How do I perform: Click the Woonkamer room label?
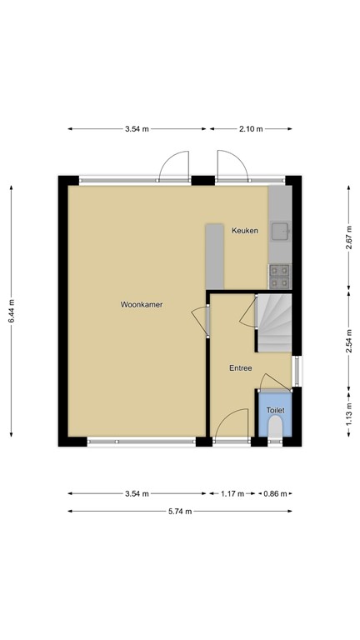point(140,305)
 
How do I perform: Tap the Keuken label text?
point(244,231)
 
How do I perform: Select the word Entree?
point(240,367)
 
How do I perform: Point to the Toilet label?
point(275,411)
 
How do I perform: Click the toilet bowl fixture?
point(276,427)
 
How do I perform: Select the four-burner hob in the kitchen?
point(278,271)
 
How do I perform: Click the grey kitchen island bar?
point(215,254)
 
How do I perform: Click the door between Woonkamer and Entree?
point(200,320)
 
